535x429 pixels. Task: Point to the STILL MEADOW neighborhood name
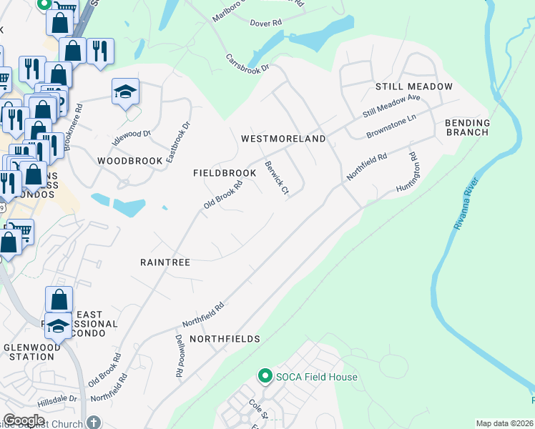coord(414,87)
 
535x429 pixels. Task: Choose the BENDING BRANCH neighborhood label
coord(467,127)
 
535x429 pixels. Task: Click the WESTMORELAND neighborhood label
coord(283,139)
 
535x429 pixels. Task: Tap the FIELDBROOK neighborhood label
coord(225,174)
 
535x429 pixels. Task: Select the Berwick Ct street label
coord(276,177)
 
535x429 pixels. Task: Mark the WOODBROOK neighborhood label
coord(130,161)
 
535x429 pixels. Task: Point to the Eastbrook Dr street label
coord(178,141)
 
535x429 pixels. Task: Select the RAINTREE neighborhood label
coord(165,262)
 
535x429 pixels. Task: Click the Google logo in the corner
coord(24,420)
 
